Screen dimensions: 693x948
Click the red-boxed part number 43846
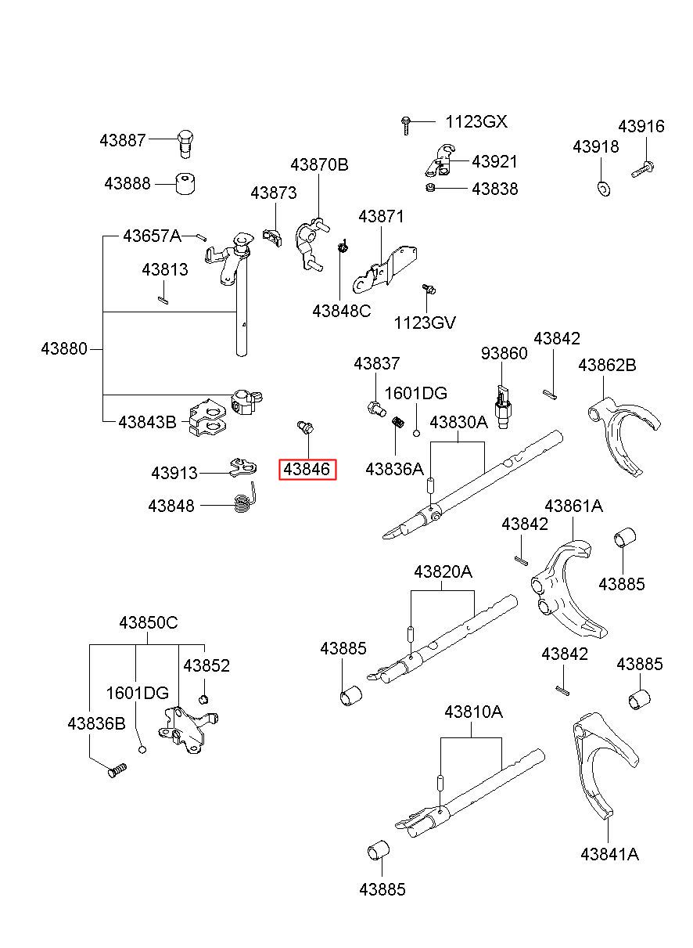click(x=307, y=470)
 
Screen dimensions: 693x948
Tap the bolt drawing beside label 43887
click(x=185, y=144)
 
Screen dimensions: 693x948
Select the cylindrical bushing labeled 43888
click(x=185, y=183)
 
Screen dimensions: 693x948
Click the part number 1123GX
click(x=476, y=122)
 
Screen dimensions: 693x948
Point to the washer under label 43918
click(x=604, y=189)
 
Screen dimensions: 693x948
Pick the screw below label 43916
click(x=643, y=169)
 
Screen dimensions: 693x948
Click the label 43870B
click(x=319, y=164)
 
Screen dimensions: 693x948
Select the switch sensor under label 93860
click(x=502, y=406)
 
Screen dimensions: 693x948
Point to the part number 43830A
click(x=459, y=423)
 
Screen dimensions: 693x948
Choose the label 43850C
click(x=149, y=623)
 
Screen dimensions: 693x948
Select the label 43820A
click(x=443, y=572)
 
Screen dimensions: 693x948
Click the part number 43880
click(x=64, y=349)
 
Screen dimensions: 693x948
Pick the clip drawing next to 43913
click(x=243, y=467)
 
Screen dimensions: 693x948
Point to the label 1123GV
click(x=425, y=323)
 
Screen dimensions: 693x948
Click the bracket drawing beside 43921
click(x=440, y=160)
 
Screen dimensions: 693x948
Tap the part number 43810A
click(x=473, y=712)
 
